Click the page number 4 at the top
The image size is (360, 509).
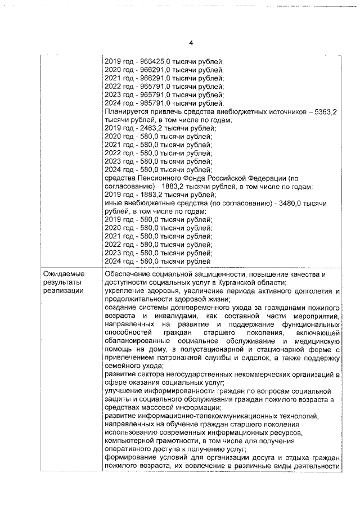tap(191, 43)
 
